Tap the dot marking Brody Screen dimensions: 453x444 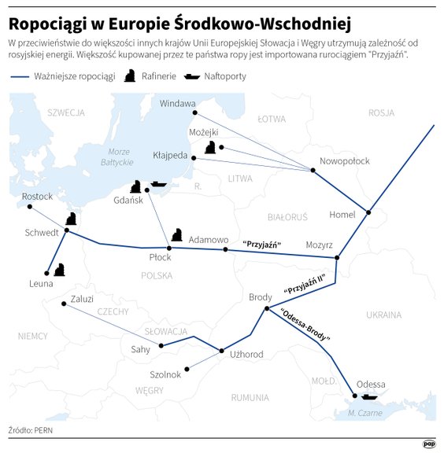[x=268, y=308]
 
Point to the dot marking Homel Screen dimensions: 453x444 [x=368, y=212]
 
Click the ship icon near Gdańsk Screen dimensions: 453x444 [x=158, y=184]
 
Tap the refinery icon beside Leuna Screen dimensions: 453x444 [x=60, y=269]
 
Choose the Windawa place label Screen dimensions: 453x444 [x=177, y=103]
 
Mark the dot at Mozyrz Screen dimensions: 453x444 [x=337, y=257]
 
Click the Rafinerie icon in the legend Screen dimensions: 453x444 [x=128, y=76]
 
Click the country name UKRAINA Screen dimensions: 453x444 [x=384, y=315]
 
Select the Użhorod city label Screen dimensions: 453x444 [x=246, y=355]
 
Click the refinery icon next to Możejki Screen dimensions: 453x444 [x=210, y=147]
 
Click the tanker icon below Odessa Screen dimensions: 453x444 [x=369, y=396]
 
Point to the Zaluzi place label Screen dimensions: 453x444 [x=82, y=299]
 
